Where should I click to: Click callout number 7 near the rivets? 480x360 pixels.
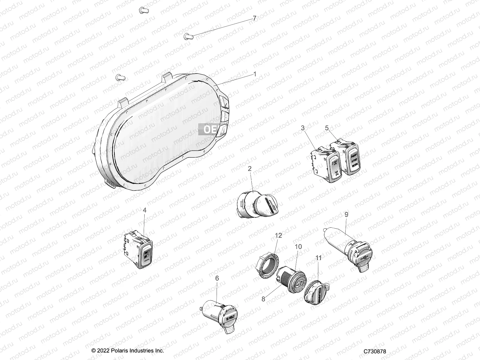pyautogui.click(x=254, y=19)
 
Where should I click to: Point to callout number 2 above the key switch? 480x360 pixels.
pyautogui.click(x=250, y=169)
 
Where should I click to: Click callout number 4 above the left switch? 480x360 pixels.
pyautogui.click(x=145, y=210)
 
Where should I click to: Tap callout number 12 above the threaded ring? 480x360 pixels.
pyautogui.click(x=278, y=235)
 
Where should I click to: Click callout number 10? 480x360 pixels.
pyautogui.click(x=298, y=247)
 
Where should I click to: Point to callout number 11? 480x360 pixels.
pyautogui.click(x=318, y=258)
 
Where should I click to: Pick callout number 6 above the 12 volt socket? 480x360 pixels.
pyautogui.click(x=217, y=278)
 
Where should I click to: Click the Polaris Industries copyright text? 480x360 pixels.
pyautogui.click(x=128, y=351)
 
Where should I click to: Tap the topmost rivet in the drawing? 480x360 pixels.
pyautogui.click(x=144, y=11)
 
